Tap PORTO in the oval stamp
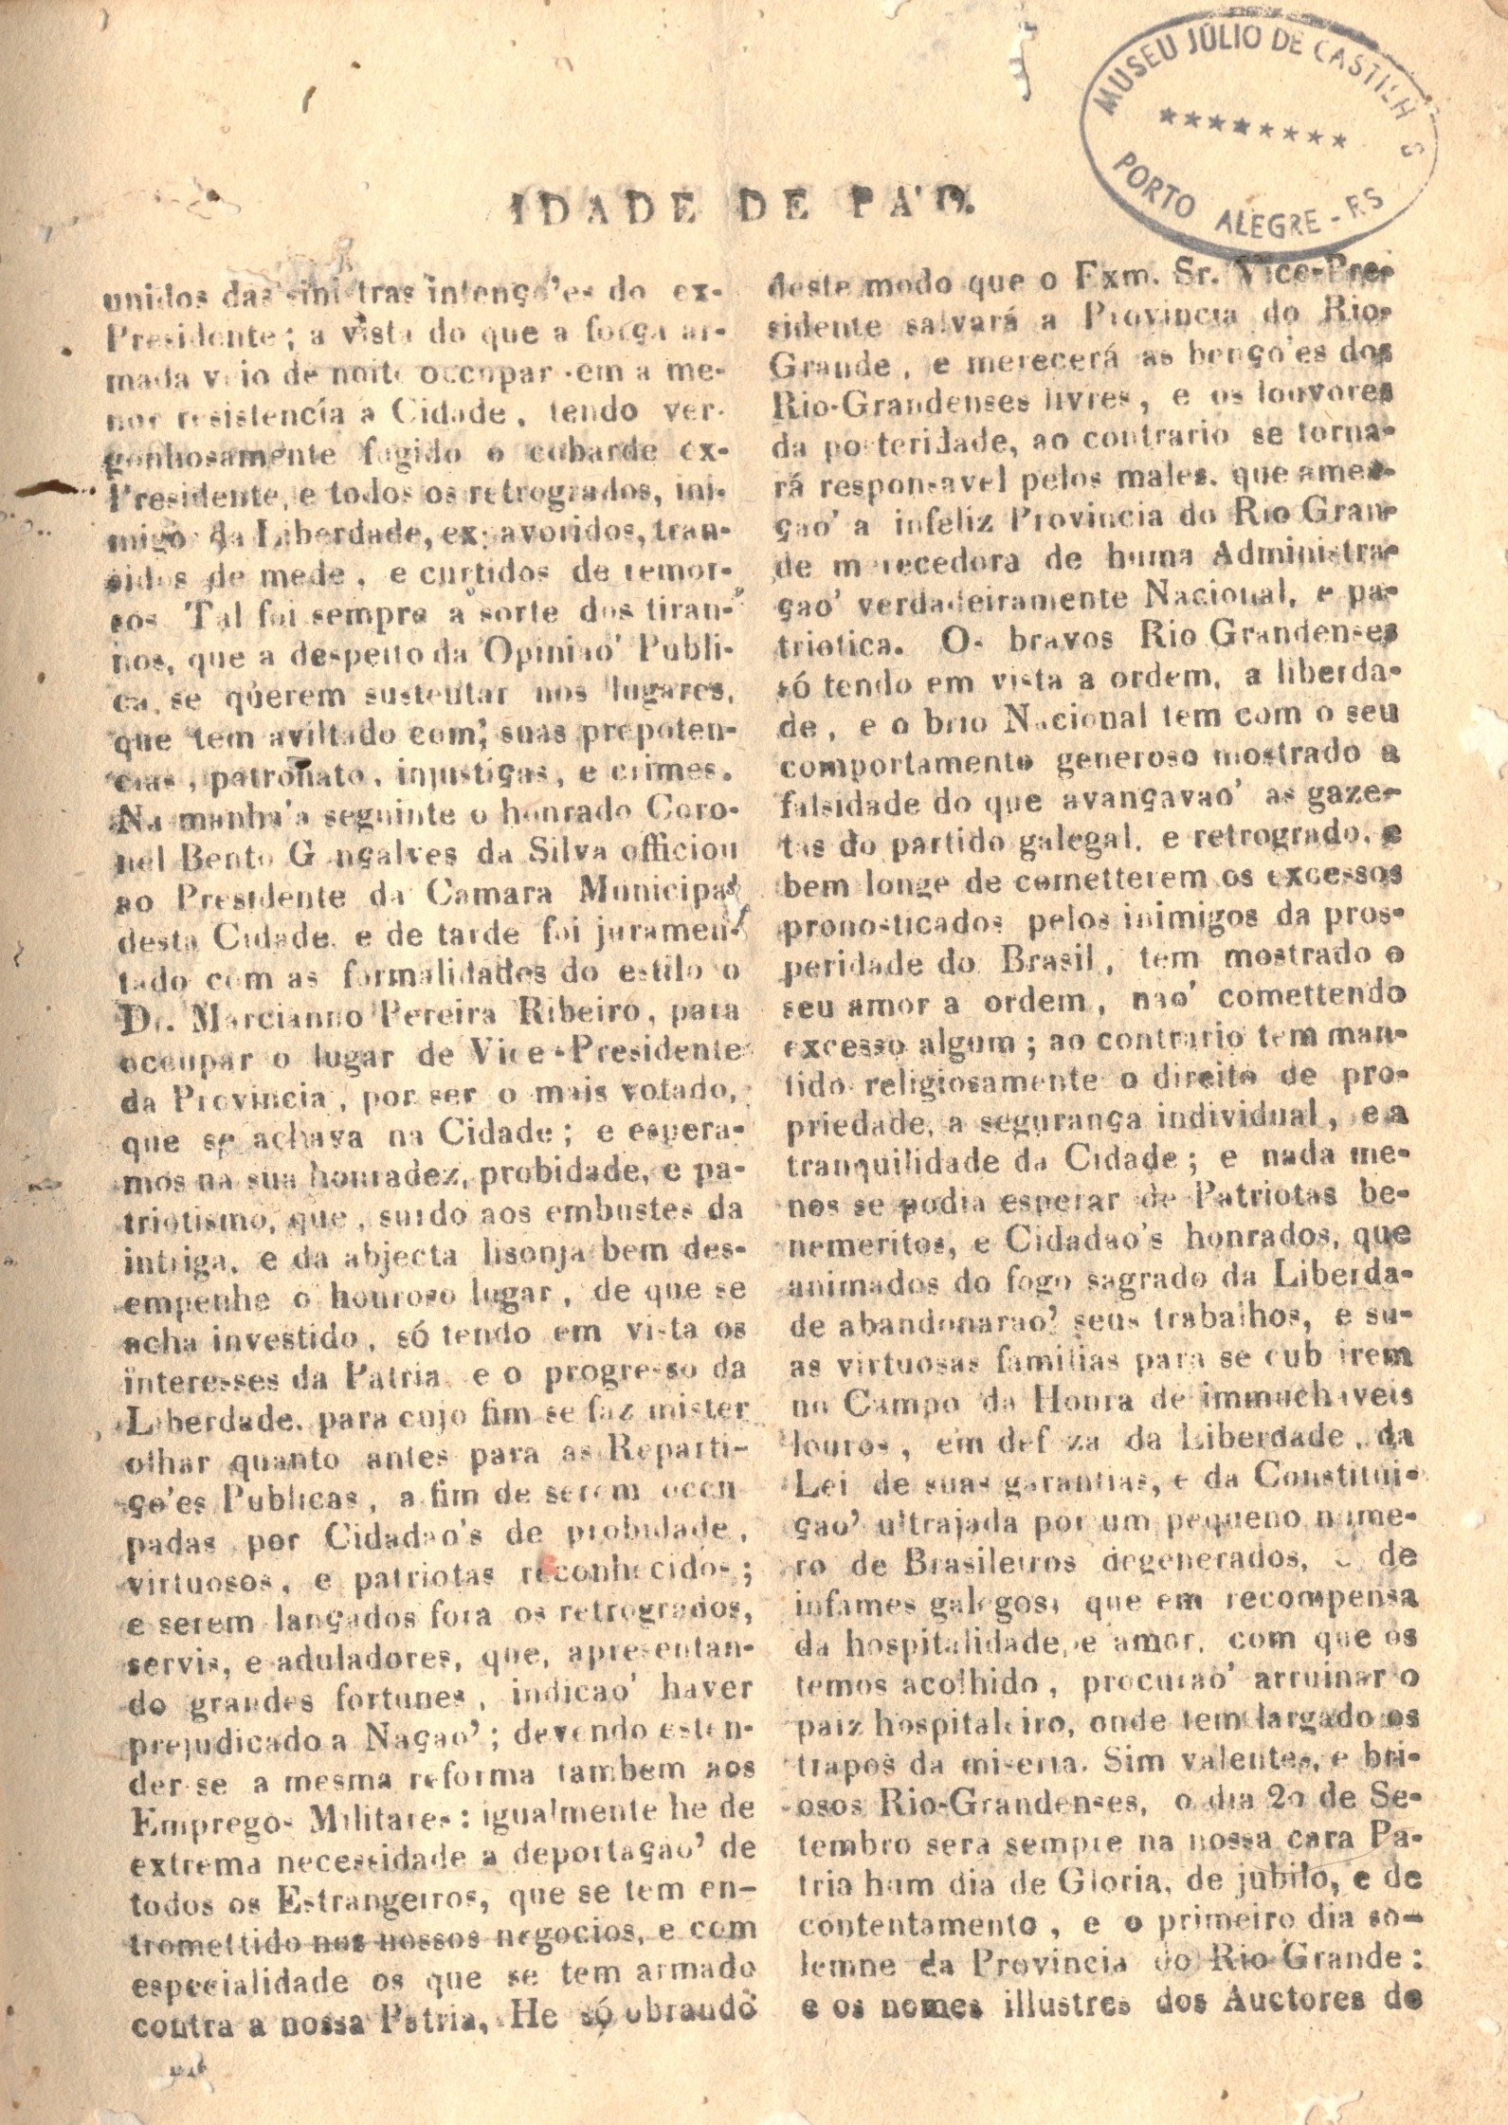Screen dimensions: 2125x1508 [x=1154, y=185]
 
